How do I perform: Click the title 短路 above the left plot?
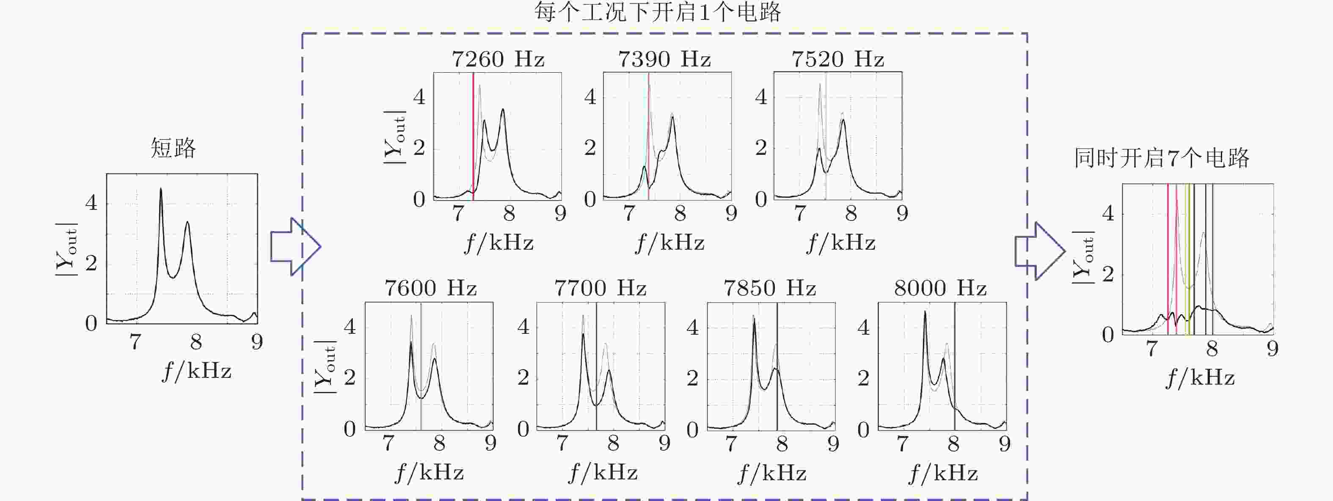coord(174,149)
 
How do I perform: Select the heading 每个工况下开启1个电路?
coord(657,12)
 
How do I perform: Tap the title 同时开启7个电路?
coord(1162,158)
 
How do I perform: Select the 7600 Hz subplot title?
coord(430,288)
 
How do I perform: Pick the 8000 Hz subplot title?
coord(940,288)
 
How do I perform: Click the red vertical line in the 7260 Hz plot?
coord(473,135)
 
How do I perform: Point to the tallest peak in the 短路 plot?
coord(161,190)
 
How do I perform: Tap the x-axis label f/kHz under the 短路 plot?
coord(197,371)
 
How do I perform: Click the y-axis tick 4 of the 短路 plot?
coord(91,203)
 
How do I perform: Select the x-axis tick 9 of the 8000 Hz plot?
coord(1005,443)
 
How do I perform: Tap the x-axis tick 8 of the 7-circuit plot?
coord(1212,349)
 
